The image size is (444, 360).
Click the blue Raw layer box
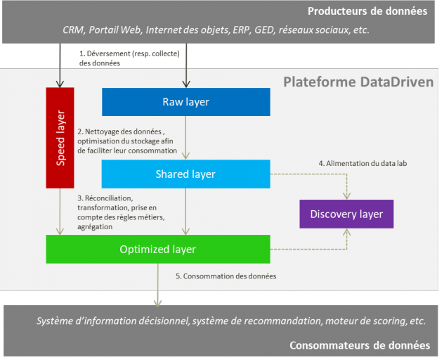coord(186,102)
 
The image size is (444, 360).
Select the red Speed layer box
coord(60,138)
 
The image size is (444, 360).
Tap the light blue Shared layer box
coord(185,174)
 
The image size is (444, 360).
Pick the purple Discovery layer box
coord(346,214)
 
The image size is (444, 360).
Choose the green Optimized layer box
coord(157,249)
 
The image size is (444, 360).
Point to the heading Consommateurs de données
coord(360,345)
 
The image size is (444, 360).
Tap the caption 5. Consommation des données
coord(226,276)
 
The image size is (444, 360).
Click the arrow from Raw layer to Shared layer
coord(186,137)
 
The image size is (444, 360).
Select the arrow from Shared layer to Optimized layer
coord(186,211)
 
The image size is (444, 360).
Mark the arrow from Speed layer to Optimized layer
coord(60,211)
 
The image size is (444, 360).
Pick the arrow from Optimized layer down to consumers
coord(157,285)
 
